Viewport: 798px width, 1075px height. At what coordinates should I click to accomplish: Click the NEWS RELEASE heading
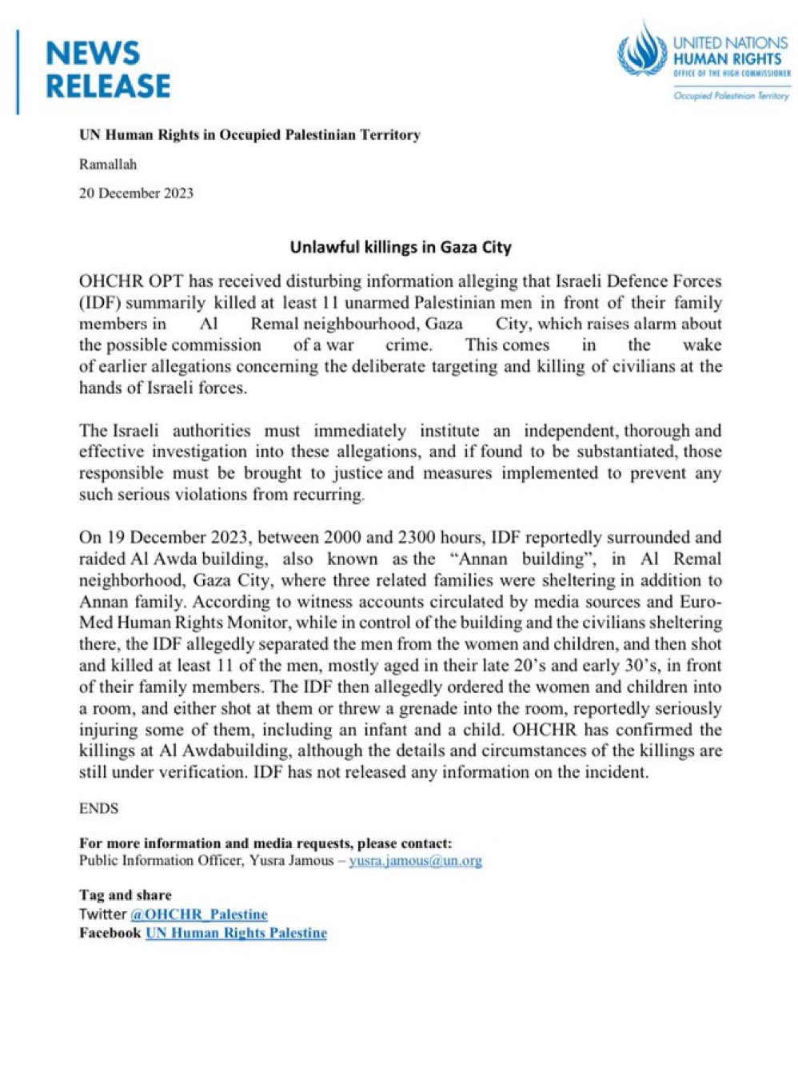point(108,70)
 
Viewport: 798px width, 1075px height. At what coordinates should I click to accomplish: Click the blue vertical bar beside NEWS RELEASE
point(18,72)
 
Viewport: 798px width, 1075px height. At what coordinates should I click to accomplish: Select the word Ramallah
point(108,165)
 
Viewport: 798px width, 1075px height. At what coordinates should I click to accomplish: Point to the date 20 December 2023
point(136,193)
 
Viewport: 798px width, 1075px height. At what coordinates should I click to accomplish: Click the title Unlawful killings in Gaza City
point(400,247)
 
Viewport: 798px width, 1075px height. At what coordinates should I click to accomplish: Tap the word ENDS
point(98,808)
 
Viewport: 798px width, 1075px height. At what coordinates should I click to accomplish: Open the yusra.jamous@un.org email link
point(415,861)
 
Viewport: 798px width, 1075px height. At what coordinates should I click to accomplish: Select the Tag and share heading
point(125,894)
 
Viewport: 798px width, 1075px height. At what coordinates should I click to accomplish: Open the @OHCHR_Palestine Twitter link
point(198,914)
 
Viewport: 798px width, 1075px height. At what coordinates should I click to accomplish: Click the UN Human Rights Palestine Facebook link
point(236,933)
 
